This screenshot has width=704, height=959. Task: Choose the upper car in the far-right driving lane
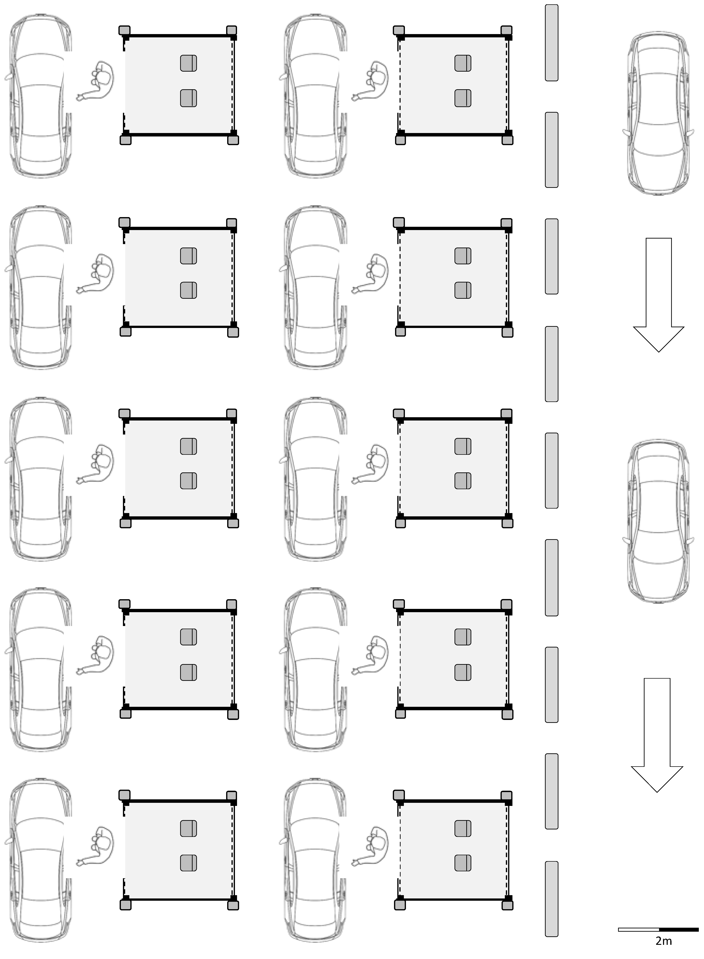pos(658,113)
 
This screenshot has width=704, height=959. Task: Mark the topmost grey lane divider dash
pos(552,43)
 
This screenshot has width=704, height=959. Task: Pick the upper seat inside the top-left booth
pos(188,63)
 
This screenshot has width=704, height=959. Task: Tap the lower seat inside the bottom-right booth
pos(463,863)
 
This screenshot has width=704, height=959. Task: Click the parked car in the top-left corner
pos(40,96)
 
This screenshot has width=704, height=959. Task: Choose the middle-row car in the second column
pos(315,479)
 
